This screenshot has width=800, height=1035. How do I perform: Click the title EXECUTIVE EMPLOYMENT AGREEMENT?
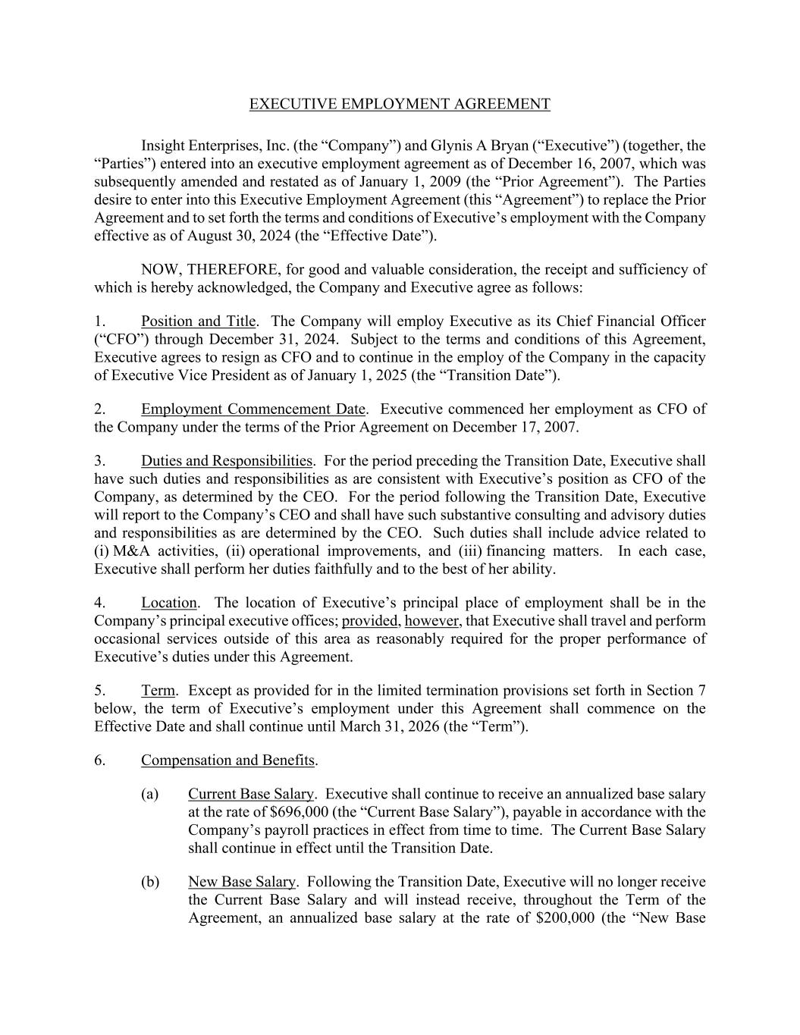(400, 104)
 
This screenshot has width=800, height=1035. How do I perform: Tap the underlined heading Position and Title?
(198, 321)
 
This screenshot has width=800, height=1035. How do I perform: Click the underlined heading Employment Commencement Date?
(253, 409)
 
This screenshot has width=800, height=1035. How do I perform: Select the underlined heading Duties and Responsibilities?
(227, 461)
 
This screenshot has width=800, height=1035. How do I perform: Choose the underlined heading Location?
(168, 603)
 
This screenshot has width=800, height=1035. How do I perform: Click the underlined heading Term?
(158, 691)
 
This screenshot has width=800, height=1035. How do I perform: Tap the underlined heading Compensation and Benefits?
(228, 761)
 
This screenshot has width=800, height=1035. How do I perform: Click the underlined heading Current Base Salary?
(250, 794)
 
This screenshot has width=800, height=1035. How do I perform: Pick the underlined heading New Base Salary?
(241, 882)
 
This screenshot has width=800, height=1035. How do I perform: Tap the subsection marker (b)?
(149, 882)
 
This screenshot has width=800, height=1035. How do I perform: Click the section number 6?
(99, 761)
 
